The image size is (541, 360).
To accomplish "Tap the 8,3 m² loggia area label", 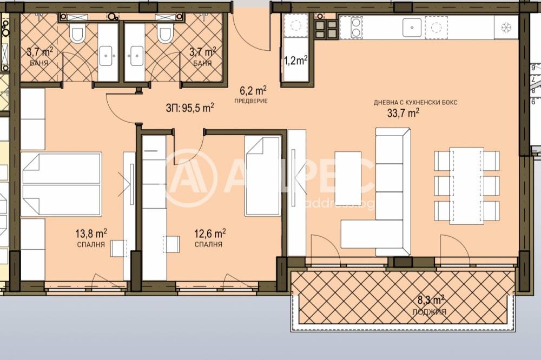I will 431,298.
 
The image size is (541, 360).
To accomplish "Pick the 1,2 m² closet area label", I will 295,60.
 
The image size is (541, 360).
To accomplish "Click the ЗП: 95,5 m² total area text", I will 190,106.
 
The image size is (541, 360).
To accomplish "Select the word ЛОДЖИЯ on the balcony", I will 431,312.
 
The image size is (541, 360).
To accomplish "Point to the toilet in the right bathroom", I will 164,35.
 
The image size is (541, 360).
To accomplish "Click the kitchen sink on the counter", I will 412,25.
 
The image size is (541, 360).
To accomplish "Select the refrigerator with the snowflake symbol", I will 506,26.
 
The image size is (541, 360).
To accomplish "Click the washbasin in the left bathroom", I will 107,54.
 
